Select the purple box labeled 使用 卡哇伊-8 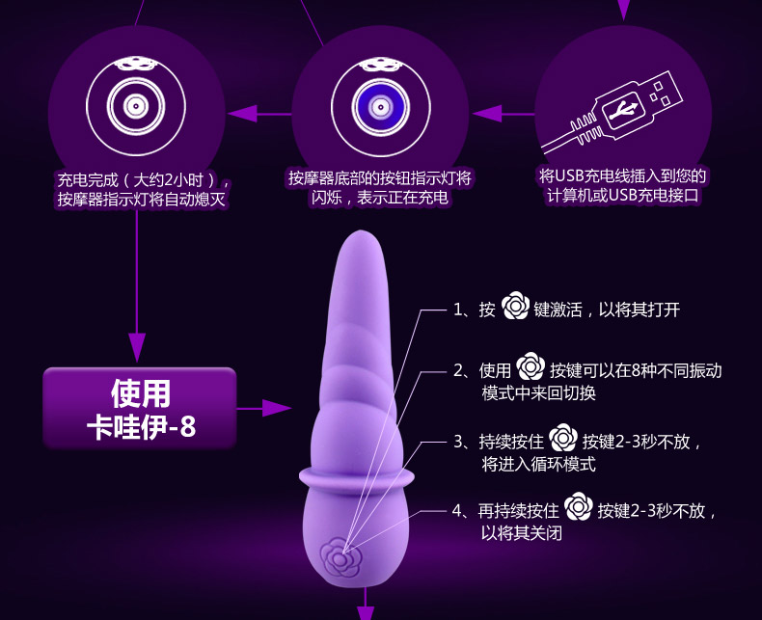(x=140, y=409)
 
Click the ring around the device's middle (x=358, y=474)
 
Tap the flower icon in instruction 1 (x=515, y=309)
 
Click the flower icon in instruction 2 (x=531, y=369)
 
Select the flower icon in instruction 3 (x=562, y=441)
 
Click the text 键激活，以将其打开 (x=608, y=310)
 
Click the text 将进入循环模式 (x=538, y=464)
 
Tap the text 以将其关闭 (x=522, y=532)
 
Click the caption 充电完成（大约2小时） (x=144, y=179)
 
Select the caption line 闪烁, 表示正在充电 (x=380, y=199)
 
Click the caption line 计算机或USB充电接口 (x=622, y=196)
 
